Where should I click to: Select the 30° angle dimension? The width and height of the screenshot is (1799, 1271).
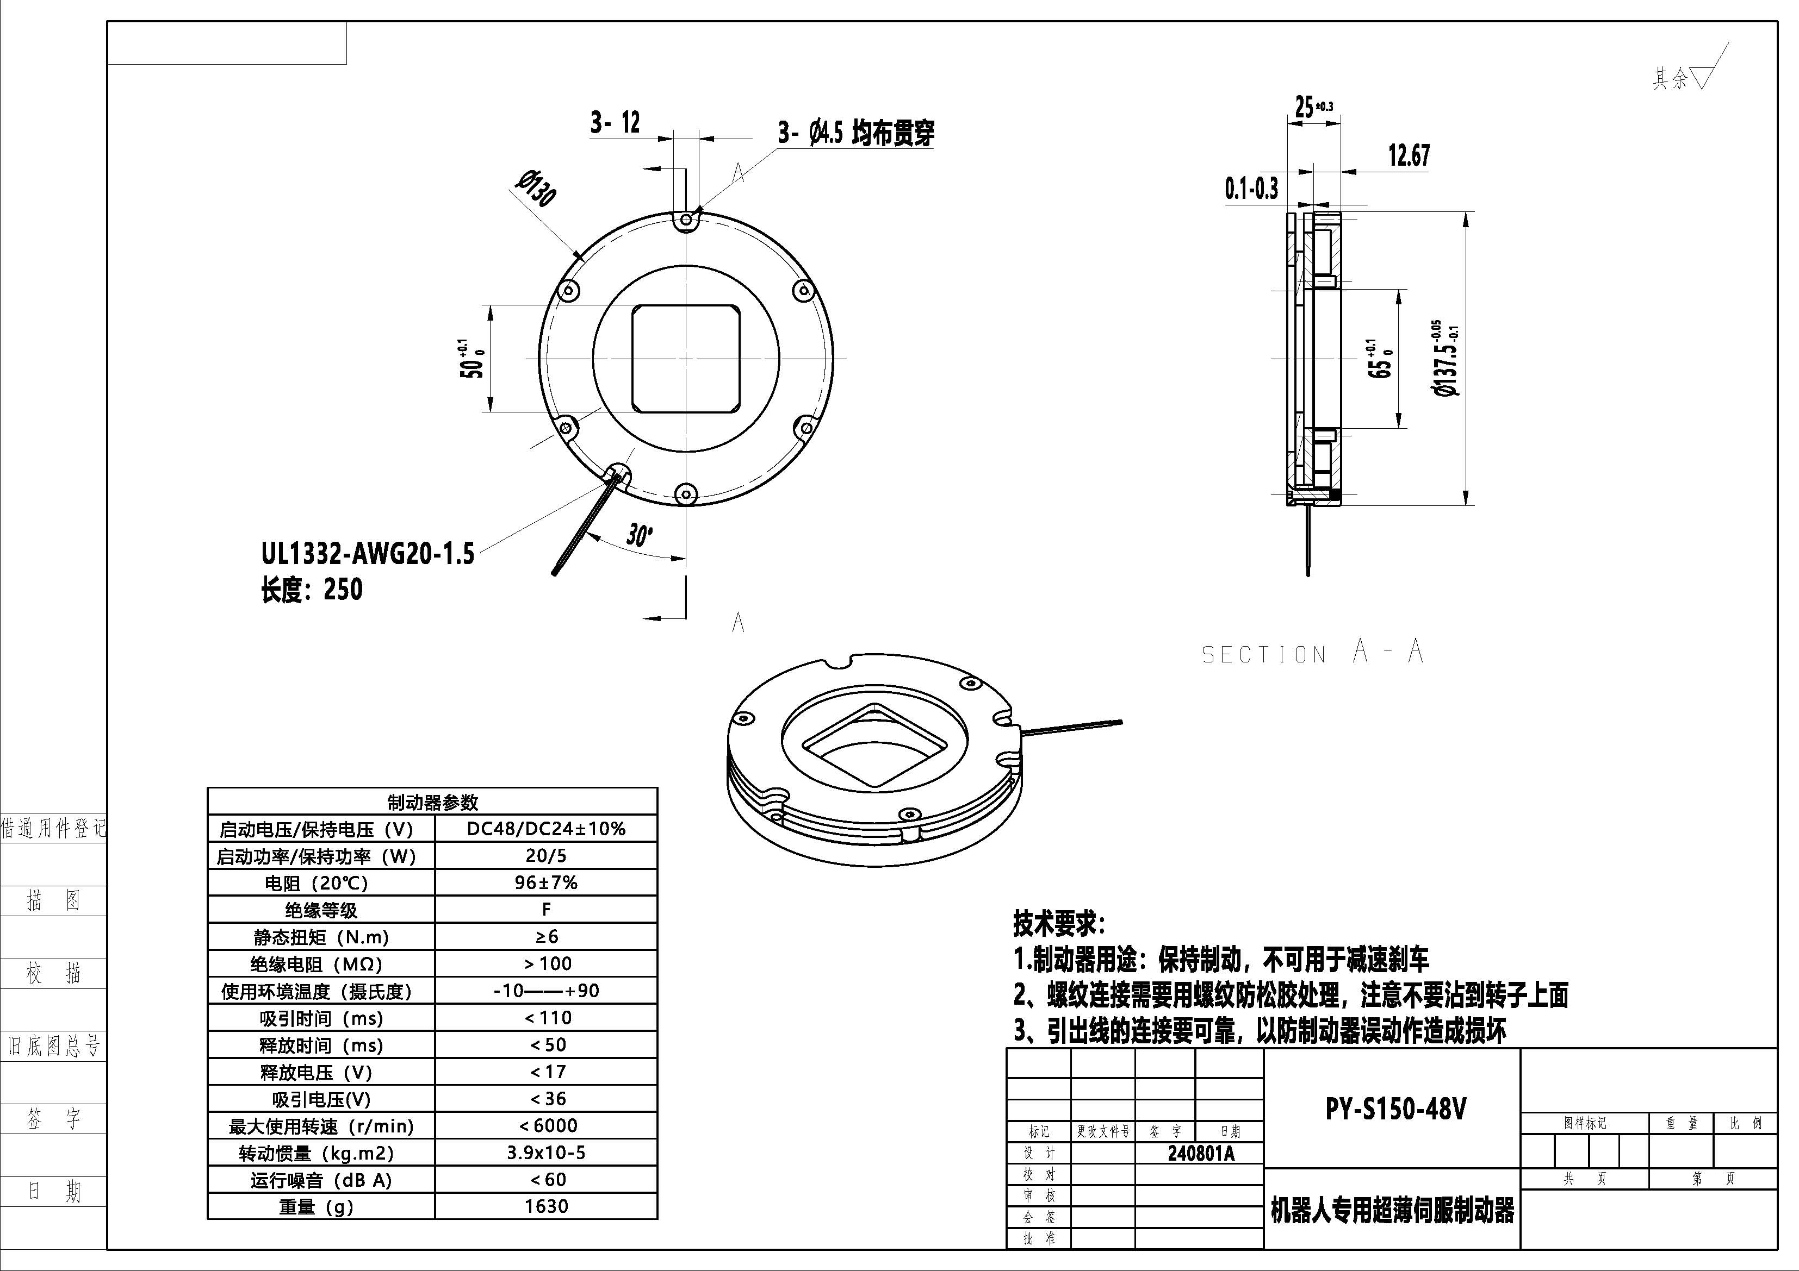[x=638, y=536]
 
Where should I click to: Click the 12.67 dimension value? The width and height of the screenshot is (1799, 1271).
[x=1408, y=156]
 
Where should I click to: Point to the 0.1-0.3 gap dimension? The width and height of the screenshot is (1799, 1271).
[x=1251, y=189]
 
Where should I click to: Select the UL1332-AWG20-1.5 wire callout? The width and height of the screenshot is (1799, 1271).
[x=368, y=554]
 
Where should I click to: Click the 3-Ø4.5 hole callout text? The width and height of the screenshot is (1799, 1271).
[x=855, y=133]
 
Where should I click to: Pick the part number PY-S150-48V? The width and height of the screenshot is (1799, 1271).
[x=1395, y=1109]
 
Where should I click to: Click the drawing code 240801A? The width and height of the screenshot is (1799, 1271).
[x=1200, y=1154]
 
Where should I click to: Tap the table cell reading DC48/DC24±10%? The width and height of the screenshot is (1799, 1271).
[x=546, y=829]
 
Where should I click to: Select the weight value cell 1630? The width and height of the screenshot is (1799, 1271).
[x=546, y=1206]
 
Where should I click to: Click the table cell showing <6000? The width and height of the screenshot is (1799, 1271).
[x=546, y=1125]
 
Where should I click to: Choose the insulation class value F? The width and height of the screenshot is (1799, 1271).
[x=546, y=909]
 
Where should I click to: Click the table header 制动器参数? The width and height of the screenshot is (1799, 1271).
[x=432, y=802]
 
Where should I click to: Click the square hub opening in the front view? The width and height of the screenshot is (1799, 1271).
[x=686, y=358]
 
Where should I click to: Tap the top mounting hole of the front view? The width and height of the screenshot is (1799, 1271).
[x=686, y=220]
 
